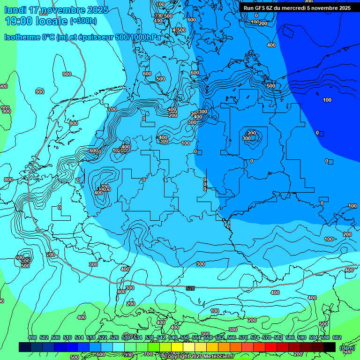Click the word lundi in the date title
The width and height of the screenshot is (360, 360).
pyautogui.click(x=15, y=10)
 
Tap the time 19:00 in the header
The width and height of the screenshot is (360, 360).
pyautogui.click(x=19, y=21)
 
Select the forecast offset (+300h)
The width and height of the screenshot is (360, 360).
pyautogui.click(x=83, y=21)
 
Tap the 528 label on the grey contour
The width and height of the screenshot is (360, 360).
pyautogui.click(x=190, y=288)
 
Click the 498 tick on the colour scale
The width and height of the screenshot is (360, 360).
pyautogui.click(x=32, y=337)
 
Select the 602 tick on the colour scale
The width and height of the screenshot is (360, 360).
pyautogui.click(x=337, y=337)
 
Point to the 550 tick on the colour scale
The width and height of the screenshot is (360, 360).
pyautogui.click(x=185, y=337)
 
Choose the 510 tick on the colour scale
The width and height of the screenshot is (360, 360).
pyautogui.click(x=67, y=337)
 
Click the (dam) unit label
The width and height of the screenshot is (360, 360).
pyautogui.click(x=347, y=348)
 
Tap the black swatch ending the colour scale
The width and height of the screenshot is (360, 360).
pyautogui.click(x=330, y=347)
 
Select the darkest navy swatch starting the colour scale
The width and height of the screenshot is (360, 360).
pyautogui.click(x=25, y=347)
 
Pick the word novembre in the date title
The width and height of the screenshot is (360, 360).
pyautogui.click(x=64, y=10)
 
